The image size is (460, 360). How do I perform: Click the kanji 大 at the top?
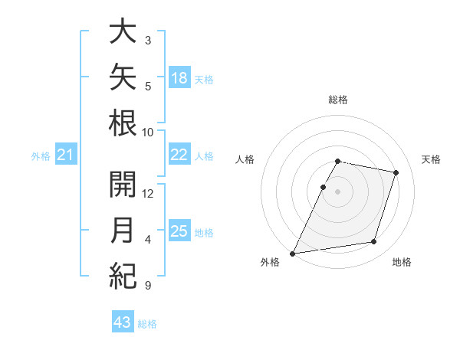pyautogui.click(x=123, y=31)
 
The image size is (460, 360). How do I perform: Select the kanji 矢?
pyautogui.click(x=123, y=77)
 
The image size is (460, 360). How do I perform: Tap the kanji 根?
pyautogui.click(x=123, y=123)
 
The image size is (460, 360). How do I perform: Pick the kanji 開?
pyautogui.click(x=123, y=185)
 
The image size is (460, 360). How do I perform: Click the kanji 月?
pyautogui.click(x=122, y=230)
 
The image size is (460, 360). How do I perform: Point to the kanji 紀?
pyautogui.click(x=123, y=276)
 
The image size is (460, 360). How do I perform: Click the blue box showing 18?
pyautogui.click(x=179, y=77)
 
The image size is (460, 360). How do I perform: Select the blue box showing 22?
pyautogui.click(x=179, y=154)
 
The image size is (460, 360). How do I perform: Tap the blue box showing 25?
pyautogui.click(x=179, y=230)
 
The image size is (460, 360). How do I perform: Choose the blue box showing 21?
pyautogui.click(x=66, y=154)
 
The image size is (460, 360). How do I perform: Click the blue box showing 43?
pyautogui.click(x=123, y=321)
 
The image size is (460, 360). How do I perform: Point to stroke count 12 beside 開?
pyautogui.click(x=147, y=194)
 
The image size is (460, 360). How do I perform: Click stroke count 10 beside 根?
pyautogui.click(x=147, y=133)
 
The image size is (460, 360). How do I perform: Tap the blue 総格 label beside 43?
pyautogui.click(x=147, y=324)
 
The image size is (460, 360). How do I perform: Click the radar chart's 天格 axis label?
pyautogui.click(x=431, y=159)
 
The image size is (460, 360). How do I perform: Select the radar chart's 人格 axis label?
pyautogui.click(x=245, y=159)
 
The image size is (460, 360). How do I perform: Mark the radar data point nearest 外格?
pyautogui.click(x=292, y=254)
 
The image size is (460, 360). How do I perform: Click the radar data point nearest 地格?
pyautogui.click(x=374, y=241)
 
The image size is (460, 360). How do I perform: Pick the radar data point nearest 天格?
pyautogui.click(x=396, y=172)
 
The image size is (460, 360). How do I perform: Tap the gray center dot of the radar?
pyautogui.click(x=337, y=191)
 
